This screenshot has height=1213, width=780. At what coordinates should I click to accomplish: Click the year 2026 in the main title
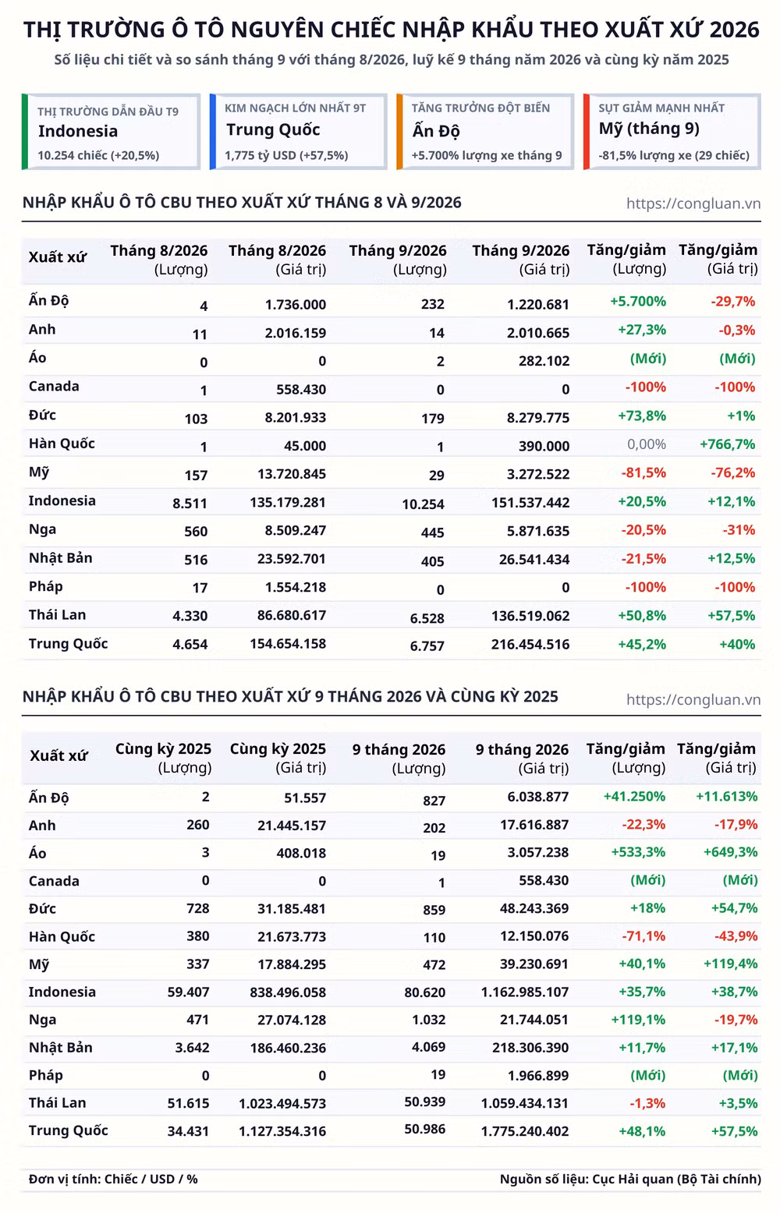point(734,30)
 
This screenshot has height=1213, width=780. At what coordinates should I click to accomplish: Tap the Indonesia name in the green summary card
point(77,131)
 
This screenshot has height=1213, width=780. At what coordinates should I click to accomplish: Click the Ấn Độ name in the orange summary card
point(436,131)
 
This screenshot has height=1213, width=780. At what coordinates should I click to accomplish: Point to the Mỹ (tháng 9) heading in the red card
point(649,129)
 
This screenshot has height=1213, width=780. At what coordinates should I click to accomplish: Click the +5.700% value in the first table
point(638,301)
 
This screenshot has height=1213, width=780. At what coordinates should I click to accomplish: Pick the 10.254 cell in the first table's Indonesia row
point(423,504)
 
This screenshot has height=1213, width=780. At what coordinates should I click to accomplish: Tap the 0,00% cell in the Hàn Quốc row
point(647,444)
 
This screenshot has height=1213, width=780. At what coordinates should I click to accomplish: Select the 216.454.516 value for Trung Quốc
point(530,645)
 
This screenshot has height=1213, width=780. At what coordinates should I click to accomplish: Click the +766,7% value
point(728,444)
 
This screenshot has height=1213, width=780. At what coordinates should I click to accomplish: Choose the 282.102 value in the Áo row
point(544,361)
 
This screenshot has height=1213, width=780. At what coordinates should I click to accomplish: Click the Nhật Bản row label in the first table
point(61,558)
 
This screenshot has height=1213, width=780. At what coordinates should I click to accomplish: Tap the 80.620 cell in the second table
point(424,992)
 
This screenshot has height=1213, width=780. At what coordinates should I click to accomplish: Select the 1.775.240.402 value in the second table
point(525,1131)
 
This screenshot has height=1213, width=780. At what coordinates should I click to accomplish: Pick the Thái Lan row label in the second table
point(58,1103)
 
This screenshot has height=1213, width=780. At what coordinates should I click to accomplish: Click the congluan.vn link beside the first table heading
point(693,203)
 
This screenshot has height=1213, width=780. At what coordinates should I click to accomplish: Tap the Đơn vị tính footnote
point(113,1179)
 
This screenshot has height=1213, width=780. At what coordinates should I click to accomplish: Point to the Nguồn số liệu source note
point(630,1179)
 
